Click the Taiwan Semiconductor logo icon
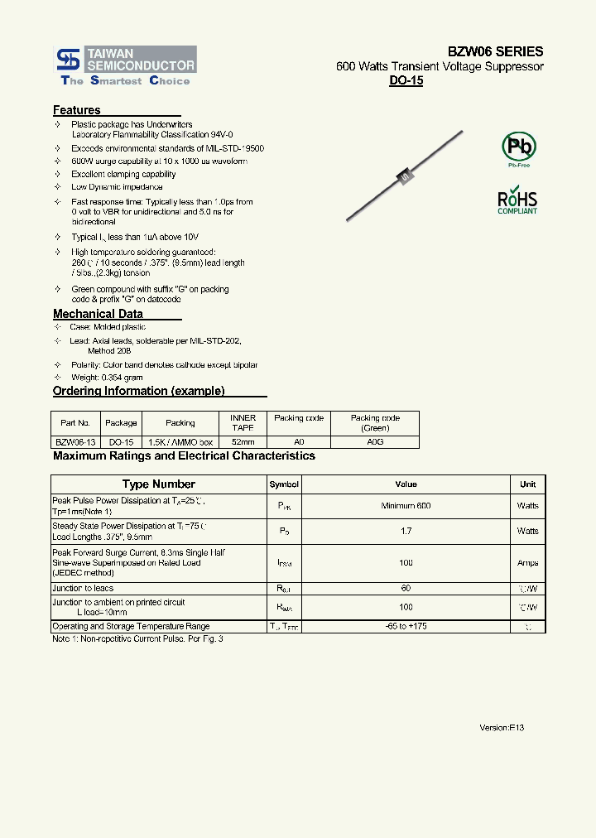[x=67, y=59]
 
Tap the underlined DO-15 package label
[x=406, y=82]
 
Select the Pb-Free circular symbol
[x=519, y=147]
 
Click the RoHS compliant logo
[x=517, y=202]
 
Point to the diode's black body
[x=405, y=175]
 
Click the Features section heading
[x=77, y=110]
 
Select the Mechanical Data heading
[x=98, y=314]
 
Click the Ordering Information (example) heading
[x=138, y=391]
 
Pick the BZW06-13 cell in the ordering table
[x=75, y=442]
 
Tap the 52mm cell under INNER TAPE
[x=243, y=442]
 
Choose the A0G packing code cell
[x=374, y=442]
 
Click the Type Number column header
[x=158, y=484]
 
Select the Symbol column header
[x=284, y=484]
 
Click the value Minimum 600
[x=406, y=506]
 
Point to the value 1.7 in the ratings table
[x=406, y=531]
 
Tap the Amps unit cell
[x=527, y=563]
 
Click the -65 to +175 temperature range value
[x=406, y=627]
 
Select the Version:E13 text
[x=502, y=728]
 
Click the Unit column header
[x=527, y=484]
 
